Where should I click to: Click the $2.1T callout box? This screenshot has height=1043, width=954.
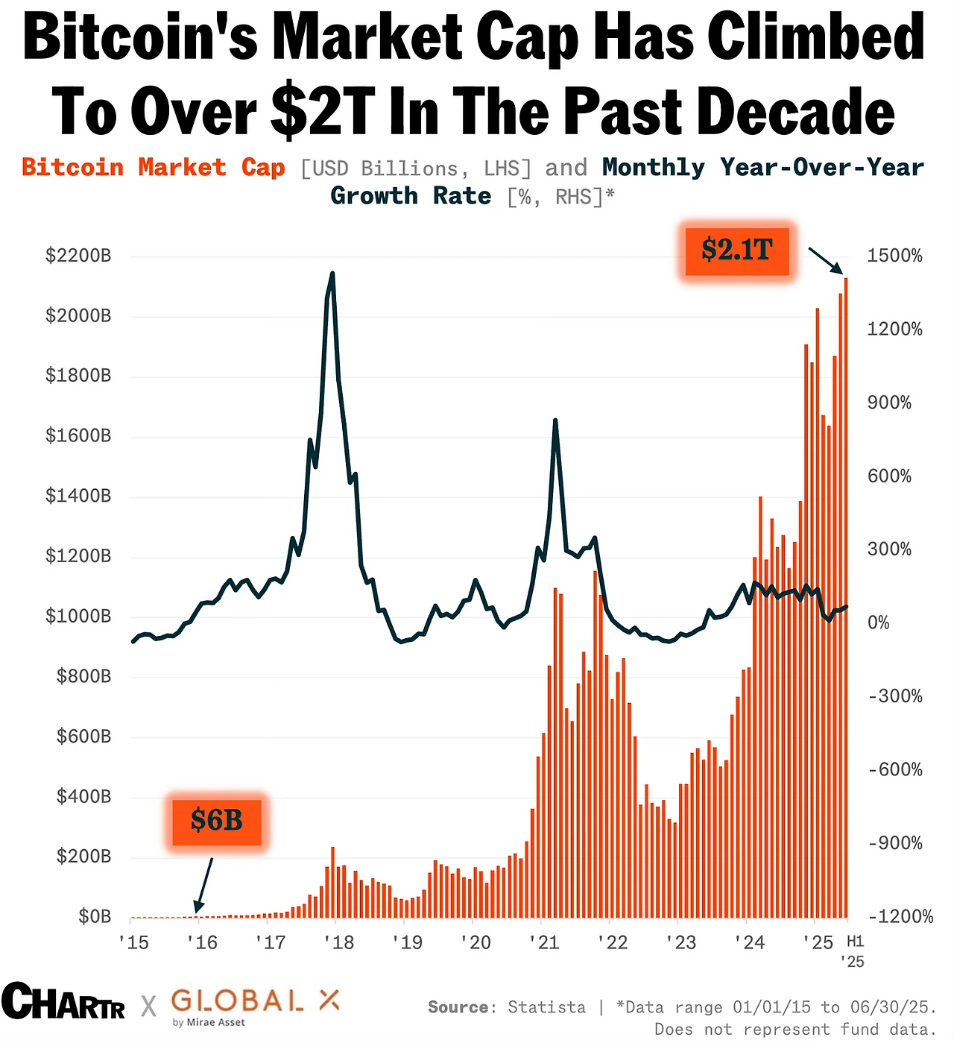tap(736, 250)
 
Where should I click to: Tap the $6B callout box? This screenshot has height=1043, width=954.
tap(217, 821)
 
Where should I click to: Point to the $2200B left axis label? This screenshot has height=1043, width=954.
tap(78, 256)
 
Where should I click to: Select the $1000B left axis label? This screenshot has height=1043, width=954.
tap(78, 616)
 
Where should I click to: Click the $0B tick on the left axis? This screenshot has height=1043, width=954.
tap(95, 916)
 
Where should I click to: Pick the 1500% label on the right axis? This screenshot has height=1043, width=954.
tap(894, 256)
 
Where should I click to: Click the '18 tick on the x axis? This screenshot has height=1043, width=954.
tap(339, 942)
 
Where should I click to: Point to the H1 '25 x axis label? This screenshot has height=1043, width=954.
tap(854, 951)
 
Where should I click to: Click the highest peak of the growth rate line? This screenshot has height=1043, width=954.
tap(332, 274)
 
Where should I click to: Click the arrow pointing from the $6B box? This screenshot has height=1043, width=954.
tap(204, 884)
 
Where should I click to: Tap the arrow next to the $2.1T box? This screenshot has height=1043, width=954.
tap(826, 262)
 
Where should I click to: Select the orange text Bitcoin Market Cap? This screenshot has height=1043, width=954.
tap(154, 168)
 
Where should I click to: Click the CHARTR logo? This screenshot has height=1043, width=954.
tap(63, 1002)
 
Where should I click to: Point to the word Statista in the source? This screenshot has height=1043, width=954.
tap(546, 1007)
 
